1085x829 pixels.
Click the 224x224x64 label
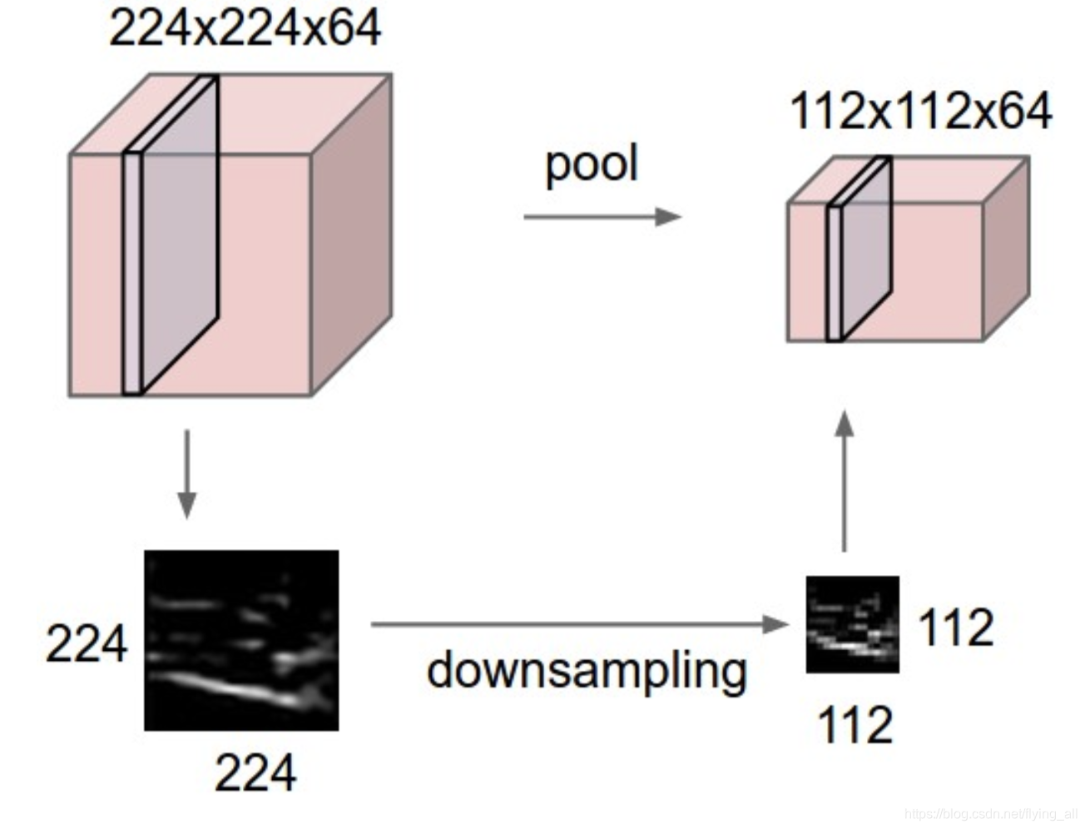point(245,28)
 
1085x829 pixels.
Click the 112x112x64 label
point(920,112)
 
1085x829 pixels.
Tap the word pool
point(592,163)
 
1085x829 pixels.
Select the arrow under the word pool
point(601,217)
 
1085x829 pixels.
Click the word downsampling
point(587,671)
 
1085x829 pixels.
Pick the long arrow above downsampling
point(578,623)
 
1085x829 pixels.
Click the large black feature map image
point(241,640)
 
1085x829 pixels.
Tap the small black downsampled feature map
point(852,624)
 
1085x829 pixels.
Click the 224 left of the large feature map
point(87,643)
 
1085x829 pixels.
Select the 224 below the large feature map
point(255,772)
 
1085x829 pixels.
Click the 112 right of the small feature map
point(956,628)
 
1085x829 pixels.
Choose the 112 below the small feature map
point(855,725)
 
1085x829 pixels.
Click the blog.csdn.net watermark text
point(990,813)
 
